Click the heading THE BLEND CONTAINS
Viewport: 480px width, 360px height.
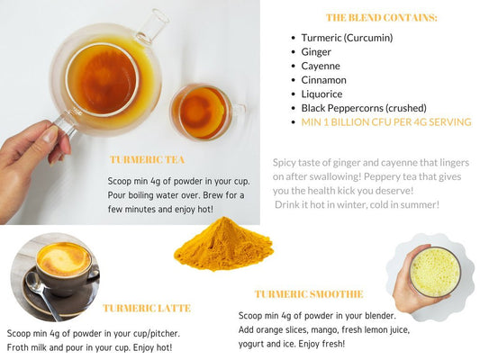coord(382,18)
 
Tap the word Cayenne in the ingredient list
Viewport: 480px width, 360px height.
coord(321,66)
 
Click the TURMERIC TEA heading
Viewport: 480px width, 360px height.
coord(147,159)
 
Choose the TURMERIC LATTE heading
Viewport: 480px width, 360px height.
coord(147,308)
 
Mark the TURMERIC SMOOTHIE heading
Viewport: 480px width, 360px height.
coord(309,294)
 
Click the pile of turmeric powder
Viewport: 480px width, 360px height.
coord(223,245)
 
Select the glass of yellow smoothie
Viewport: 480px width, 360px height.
coord(435,272)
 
